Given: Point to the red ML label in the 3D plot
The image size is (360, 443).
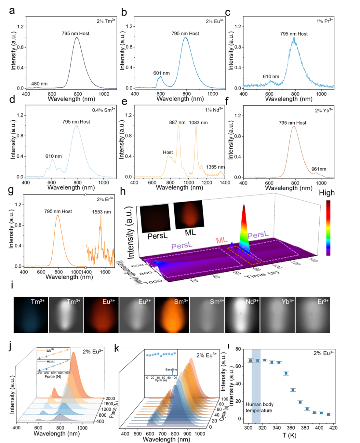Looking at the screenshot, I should [222, 240].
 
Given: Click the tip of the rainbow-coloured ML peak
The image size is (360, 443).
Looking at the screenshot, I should [244, 205].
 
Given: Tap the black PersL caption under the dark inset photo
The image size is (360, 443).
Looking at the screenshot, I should [157, 236].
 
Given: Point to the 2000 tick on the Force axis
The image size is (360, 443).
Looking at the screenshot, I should [110, 398].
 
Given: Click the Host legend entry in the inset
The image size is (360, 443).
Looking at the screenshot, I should [51, 361].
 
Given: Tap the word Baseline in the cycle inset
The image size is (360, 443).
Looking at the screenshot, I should [171, 369].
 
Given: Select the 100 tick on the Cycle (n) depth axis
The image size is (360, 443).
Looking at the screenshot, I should [225, 399].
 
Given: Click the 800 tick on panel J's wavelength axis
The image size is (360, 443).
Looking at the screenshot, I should [60, 428].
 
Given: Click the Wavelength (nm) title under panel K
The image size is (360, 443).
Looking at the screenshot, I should [166, 440].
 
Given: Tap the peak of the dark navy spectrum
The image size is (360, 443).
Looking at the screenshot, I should [77, 37].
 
